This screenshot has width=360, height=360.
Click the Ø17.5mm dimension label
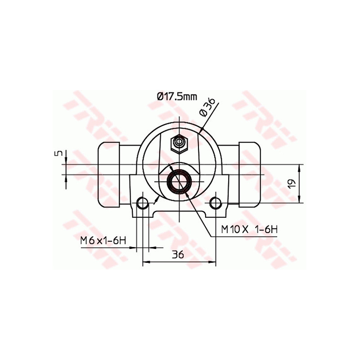177,96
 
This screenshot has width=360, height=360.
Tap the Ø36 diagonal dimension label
207,107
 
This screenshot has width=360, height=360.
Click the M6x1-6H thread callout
102,241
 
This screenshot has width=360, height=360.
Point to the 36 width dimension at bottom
178,254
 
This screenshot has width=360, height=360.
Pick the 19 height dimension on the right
292,183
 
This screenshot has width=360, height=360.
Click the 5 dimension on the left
57,153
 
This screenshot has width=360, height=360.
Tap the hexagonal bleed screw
179,144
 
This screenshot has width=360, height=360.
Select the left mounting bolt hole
143,203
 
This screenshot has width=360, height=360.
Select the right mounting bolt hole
216,203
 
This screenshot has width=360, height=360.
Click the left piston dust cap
108,175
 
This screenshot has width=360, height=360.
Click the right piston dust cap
250,175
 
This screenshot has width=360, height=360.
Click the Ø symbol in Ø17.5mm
160,96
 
